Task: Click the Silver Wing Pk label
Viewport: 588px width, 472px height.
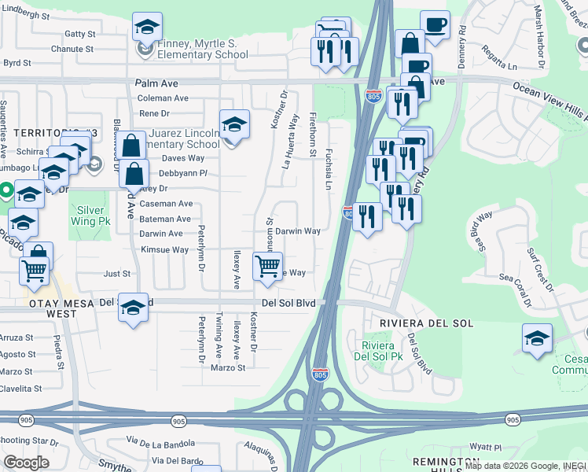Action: tap(93, 216)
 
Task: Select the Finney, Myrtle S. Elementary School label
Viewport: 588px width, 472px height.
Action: tap(192, 50)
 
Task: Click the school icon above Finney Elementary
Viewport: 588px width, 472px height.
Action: tap(147, 28)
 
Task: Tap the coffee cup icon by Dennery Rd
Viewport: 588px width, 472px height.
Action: tap(434, 24)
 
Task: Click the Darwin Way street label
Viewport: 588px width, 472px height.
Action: tap(298, 231)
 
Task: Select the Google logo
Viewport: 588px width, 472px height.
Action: tap(26, 463)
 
